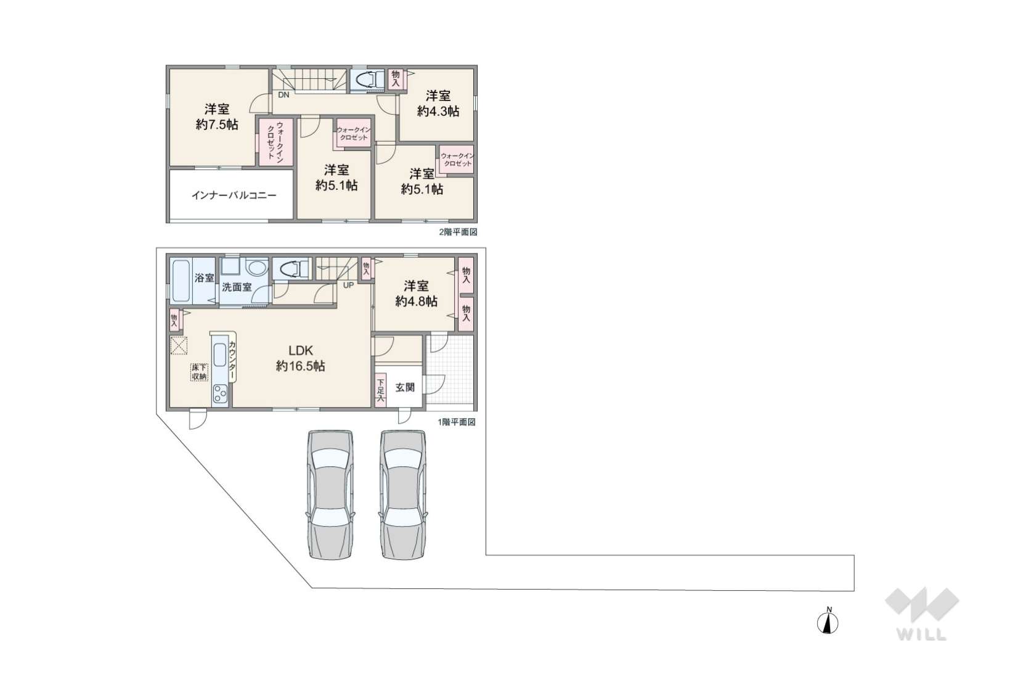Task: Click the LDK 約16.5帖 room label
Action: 300,358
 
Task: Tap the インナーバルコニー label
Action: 234,195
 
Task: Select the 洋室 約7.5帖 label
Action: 217,117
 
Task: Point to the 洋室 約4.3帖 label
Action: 438,104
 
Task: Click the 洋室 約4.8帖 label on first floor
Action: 416,294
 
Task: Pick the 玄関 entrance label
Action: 405,387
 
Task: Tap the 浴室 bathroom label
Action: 204,278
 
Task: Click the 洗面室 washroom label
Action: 237,287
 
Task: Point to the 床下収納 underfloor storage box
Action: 199,372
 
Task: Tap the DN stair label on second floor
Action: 283,95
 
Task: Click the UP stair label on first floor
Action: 349,285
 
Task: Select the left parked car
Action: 330,495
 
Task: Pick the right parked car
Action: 402,495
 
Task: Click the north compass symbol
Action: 828,622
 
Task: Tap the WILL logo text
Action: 921,634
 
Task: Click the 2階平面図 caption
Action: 458,232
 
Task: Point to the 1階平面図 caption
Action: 457,422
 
